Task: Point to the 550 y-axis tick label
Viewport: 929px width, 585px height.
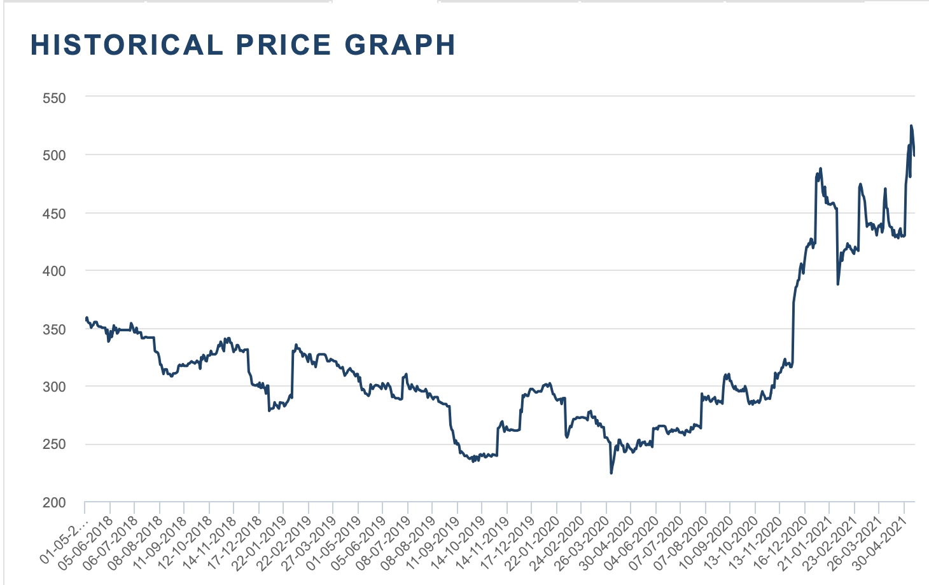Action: (x=55, y=98)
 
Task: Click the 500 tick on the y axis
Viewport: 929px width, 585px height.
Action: (x=55, y=155)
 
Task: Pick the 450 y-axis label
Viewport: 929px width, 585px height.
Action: (x=55, y=214)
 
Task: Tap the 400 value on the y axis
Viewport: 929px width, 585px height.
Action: (x=55, y=271)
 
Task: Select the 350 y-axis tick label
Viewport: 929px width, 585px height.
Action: (x=55, y=329)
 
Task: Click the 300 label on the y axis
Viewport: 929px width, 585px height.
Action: (x=55, y=387)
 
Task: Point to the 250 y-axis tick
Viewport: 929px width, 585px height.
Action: (x=55, y=444)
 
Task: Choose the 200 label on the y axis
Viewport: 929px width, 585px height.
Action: (x=55, y=502)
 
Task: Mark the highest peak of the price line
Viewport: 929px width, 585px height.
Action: (x=911, y=126)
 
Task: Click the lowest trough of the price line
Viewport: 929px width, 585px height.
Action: (x=611, y=473)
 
